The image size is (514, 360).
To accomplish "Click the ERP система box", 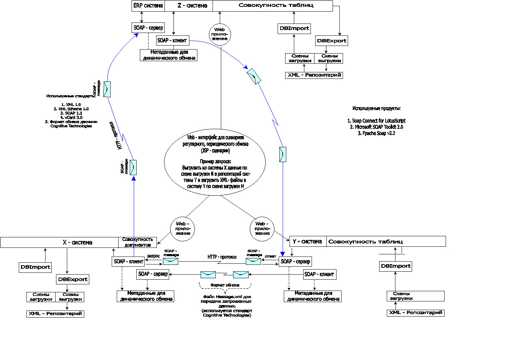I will point(148,6).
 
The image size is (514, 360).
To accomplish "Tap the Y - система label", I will point(307,241).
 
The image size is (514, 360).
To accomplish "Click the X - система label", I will point(77,242).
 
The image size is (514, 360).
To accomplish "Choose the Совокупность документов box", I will point(137,242).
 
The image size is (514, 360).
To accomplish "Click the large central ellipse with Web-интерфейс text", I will point(215,162).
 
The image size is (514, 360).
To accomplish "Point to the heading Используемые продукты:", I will point(376,108).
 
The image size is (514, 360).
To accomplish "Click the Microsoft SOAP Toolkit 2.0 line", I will point(376,127).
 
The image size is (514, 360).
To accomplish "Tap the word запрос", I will point(153,256).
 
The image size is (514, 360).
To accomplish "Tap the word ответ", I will point(270,256).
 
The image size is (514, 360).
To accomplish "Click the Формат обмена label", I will point(225,285).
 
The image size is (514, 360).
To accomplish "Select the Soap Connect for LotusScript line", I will point(376,121).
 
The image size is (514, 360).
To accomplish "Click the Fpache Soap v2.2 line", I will point(376,133).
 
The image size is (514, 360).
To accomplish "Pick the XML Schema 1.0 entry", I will point(71,109).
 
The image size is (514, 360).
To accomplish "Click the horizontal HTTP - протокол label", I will point(222,257).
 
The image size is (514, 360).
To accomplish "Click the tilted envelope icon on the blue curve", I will point(254,76).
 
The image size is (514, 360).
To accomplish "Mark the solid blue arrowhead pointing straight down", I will point(283,254).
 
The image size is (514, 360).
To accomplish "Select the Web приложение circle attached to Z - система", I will point(220,34).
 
